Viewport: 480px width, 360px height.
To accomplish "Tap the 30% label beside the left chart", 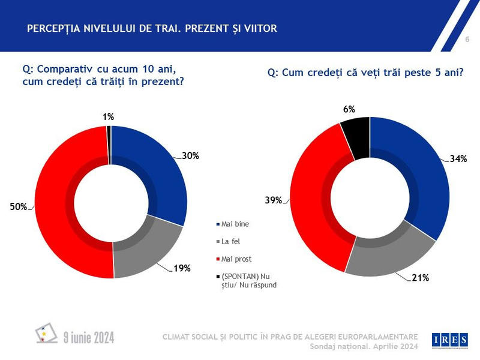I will (x=190, y=155).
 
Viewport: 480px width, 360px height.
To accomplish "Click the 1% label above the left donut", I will (x=108, y=118).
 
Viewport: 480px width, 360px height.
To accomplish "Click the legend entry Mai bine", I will (x=235, y=224).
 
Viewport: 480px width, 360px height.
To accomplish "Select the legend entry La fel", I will (x=231, y=242).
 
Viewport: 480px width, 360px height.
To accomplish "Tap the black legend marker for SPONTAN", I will (x=217, y=276).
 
